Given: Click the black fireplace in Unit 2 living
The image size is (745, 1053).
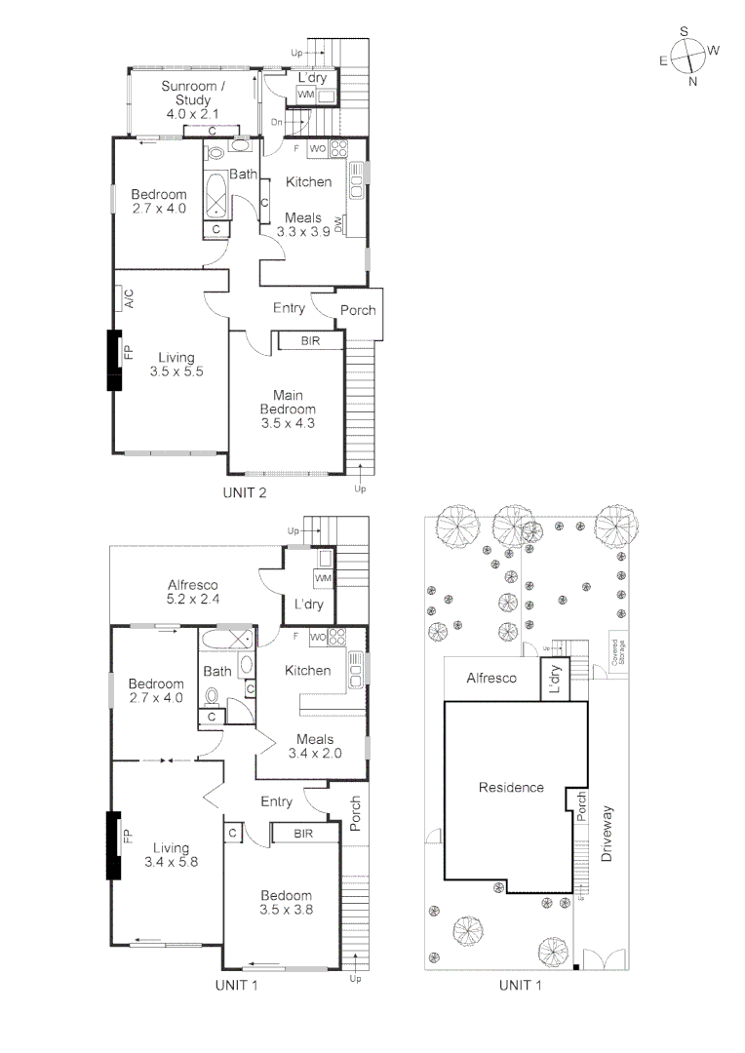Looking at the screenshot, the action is tap(114, 360).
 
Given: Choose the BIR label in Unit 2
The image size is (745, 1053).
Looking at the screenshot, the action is tap(310, 341).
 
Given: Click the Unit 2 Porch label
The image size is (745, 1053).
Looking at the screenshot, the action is tap(358, 310).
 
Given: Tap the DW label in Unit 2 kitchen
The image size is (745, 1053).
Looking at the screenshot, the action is tap(338, 224).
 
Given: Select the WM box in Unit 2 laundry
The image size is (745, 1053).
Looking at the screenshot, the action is tap(305, 95).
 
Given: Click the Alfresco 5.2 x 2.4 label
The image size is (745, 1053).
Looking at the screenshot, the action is tap(193, 592).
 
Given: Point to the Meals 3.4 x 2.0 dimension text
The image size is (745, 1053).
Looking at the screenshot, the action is tap(315, 754).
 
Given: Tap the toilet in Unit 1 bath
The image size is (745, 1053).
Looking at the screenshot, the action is tap(213, 696).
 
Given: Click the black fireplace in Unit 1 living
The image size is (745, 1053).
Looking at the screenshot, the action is tap(113, 846).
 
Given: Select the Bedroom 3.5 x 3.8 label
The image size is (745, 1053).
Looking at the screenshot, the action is tap(286, 902).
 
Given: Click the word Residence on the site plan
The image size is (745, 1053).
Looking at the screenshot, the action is tap(511, 787).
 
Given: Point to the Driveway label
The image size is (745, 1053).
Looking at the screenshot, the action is tap(607, 834).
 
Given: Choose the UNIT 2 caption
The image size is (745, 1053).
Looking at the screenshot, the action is tap(245, 493).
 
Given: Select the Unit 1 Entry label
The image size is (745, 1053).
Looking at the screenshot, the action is tap(276, 801).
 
